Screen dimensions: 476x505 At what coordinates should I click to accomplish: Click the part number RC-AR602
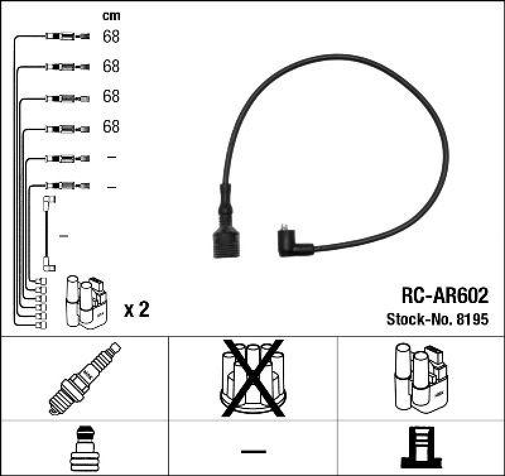click(x=444, y=295)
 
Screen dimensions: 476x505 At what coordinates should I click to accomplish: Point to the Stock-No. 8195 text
click(x=437, y=319)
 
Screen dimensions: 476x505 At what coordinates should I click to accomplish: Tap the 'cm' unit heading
click(x=111, y=16)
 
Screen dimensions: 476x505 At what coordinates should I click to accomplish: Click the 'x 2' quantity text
click(x=136, y=310)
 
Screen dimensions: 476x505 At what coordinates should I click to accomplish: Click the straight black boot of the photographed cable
click(x=226, y=224)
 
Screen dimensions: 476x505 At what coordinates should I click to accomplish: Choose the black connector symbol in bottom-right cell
click(x=422, y=449)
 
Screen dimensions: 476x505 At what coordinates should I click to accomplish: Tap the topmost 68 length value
click(x=111, y=37)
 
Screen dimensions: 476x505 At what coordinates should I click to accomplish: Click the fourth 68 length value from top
click(x=111, y=127)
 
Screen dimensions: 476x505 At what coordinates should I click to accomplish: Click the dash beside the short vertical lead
click(x=63, y=236)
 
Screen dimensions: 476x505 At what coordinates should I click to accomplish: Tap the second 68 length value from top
click(x=111, y=66)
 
